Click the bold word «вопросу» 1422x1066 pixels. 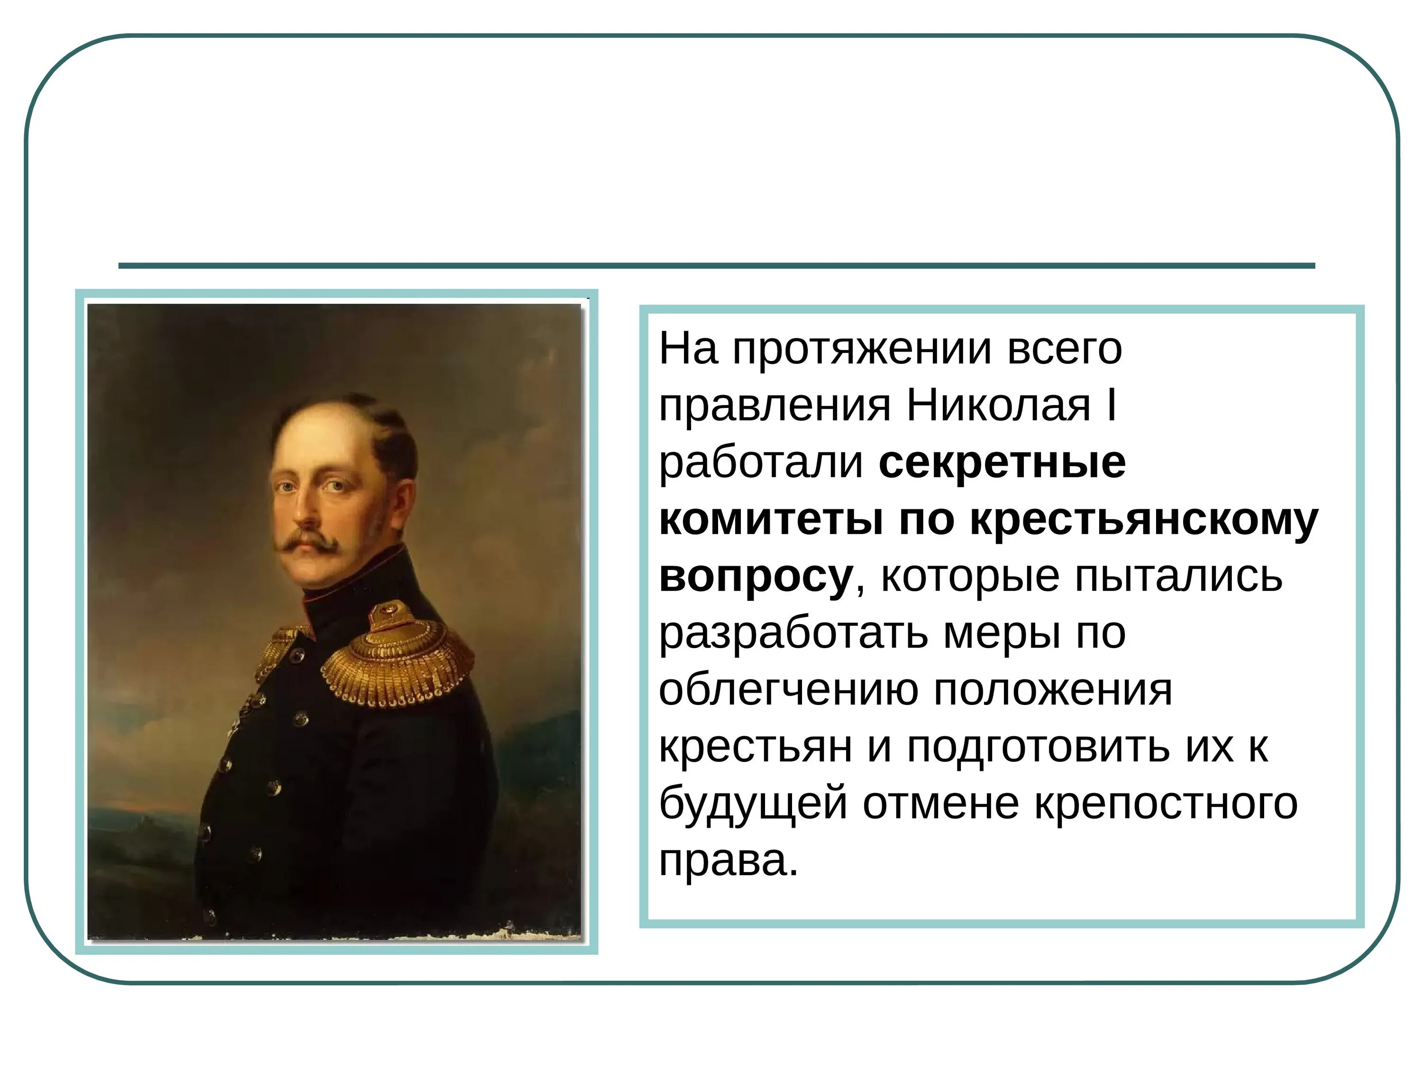756,577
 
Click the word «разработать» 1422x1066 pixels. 793,633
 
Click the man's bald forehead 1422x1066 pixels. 315,437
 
